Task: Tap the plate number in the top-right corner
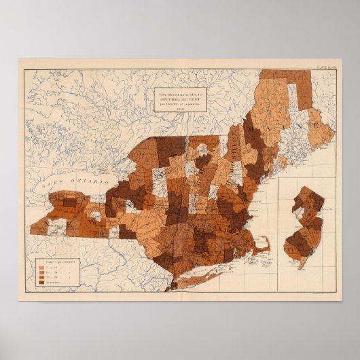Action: pyautogui.click(x=327, y=66)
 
